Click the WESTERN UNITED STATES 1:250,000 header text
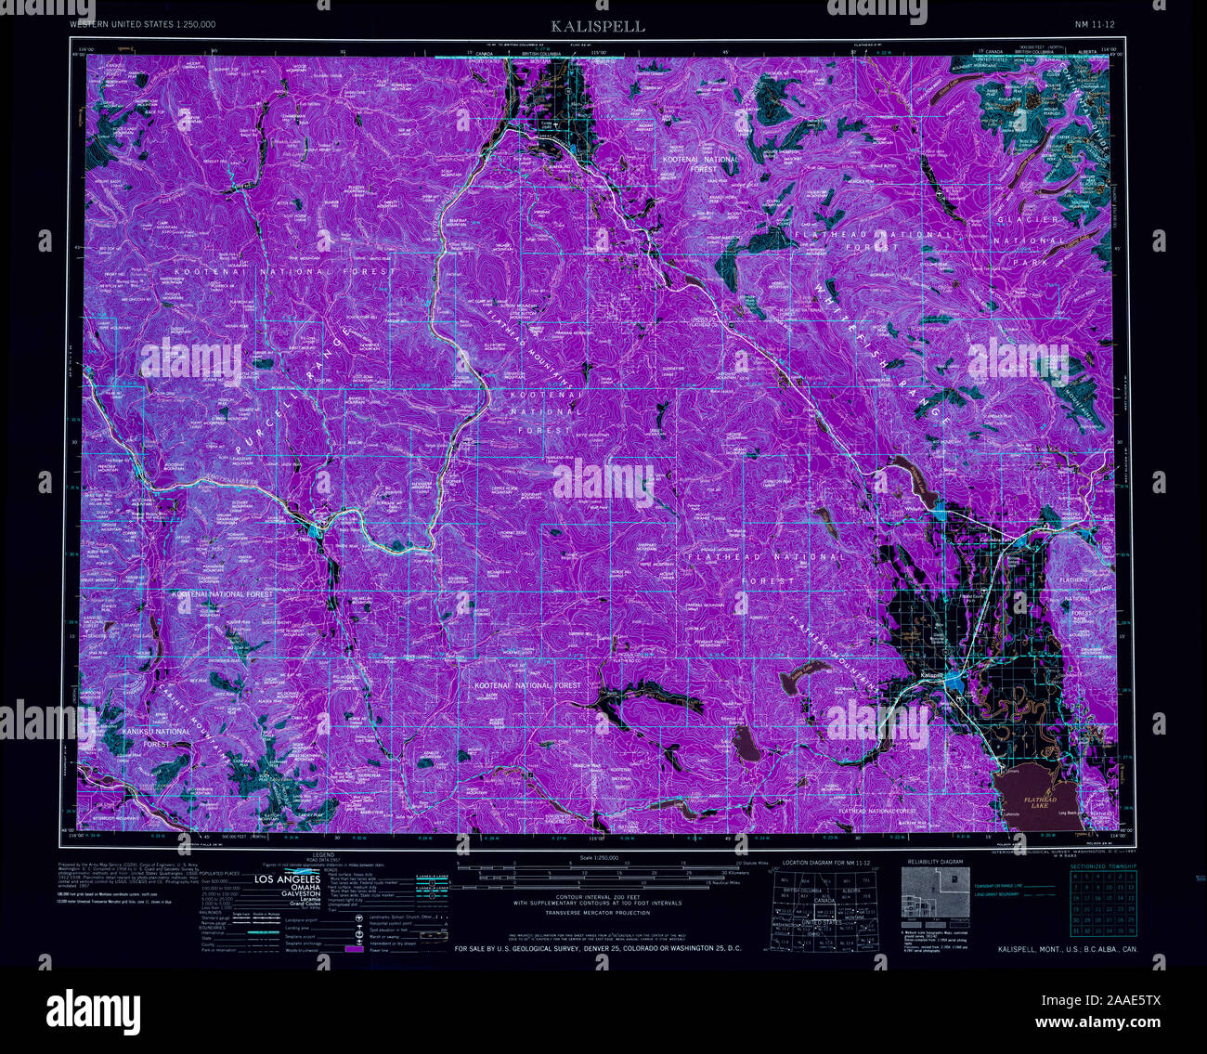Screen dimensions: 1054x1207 coord(143,23)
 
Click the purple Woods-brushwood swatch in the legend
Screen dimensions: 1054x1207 coord(352,949)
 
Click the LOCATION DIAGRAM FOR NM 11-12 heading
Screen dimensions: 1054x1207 coord(826,863)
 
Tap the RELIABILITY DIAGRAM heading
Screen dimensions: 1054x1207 coord(932,862)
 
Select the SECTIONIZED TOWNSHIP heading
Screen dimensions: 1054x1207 coord(1102,866)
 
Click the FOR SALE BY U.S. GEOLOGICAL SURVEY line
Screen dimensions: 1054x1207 coord(597,949)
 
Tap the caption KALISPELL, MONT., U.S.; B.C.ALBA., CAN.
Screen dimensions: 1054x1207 coord(1067,949)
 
